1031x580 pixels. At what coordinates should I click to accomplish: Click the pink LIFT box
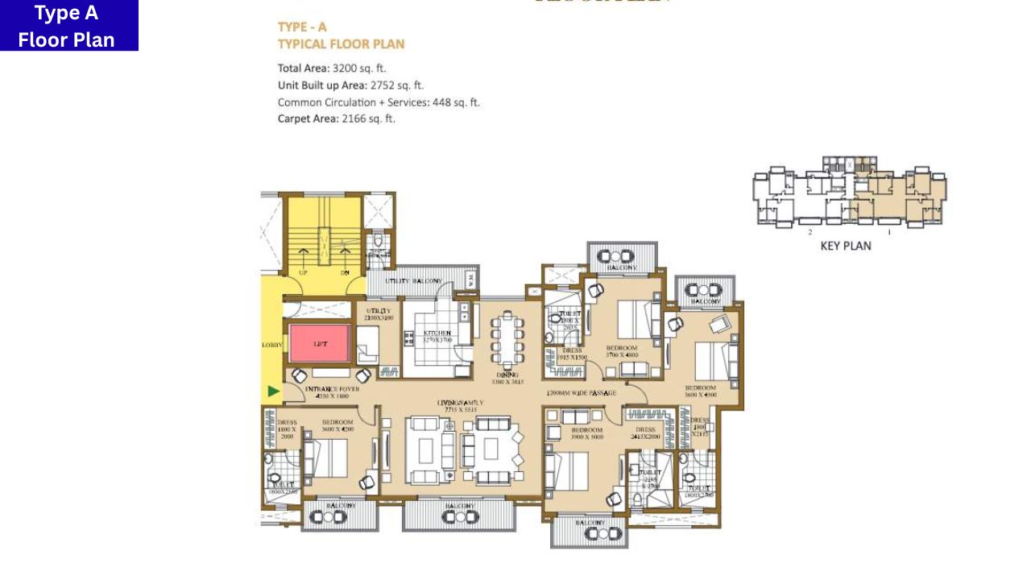click(321, 343)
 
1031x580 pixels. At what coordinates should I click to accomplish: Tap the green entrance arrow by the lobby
click(274, 391)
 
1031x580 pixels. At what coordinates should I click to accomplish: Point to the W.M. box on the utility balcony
click(471, 280)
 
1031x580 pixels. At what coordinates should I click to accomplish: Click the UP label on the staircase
click(304, 273)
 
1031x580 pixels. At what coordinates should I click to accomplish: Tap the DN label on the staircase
click(345, 273)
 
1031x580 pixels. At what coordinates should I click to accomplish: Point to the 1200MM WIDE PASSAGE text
click(581, 393)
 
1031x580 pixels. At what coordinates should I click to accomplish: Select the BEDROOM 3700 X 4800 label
click(622, 351)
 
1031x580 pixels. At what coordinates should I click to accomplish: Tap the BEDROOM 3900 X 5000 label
click(586, 433)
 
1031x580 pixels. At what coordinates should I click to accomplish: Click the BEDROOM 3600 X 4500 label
click(700, 391)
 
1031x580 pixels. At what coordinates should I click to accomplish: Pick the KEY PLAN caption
click(845, 246)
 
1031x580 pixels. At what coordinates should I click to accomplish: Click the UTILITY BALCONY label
click(413, 281)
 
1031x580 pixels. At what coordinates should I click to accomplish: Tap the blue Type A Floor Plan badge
click(68, 26)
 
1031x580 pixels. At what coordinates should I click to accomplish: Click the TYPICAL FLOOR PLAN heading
click(341, 44)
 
